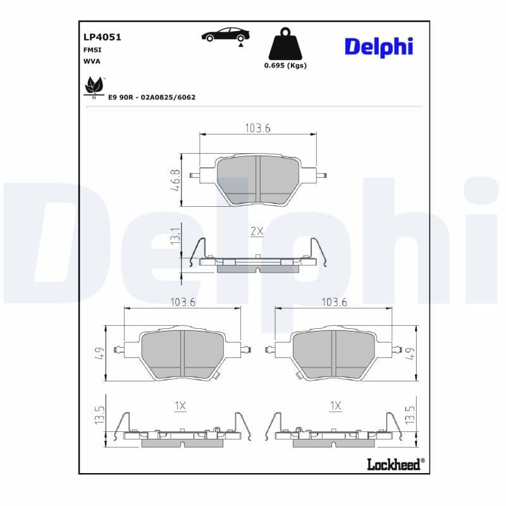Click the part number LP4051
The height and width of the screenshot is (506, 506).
[102, 37]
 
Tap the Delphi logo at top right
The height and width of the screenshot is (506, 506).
[378, 46]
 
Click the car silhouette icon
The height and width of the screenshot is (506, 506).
[225, 35]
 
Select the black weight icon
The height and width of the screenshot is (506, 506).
[284, 44]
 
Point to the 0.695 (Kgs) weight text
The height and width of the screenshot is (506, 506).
[285, 66]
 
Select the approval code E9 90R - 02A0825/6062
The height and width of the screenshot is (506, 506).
[152, 97]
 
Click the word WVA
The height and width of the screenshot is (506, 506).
[92, 61]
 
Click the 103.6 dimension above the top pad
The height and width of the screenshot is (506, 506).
[257, 128]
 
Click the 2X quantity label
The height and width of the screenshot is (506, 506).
[257, 231]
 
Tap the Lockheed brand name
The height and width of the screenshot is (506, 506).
[393, 465]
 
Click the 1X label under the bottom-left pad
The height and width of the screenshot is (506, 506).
[180, 406]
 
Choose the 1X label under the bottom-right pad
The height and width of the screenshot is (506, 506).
[335, 406]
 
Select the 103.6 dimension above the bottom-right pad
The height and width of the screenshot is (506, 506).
[334, 302]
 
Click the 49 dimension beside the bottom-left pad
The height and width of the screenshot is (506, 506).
[99, 353]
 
